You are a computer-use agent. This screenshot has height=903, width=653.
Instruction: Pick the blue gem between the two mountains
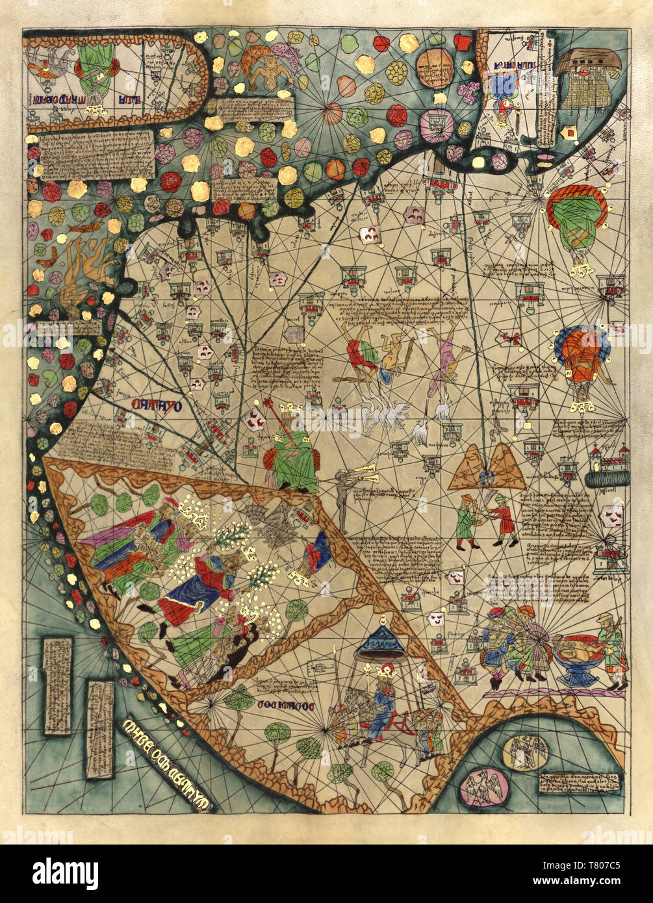[485, 479]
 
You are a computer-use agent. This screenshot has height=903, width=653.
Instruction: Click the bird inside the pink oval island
[481, 788]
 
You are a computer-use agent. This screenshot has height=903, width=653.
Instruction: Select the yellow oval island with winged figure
[525, 753]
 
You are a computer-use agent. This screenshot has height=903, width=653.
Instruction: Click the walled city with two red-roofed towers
[608, 466]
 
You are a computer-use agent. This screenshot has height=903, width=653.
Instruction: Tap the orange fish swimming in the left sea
[88, 227]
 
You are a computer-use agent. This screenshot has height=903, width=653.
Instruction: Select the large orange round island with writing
[435, 68]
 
